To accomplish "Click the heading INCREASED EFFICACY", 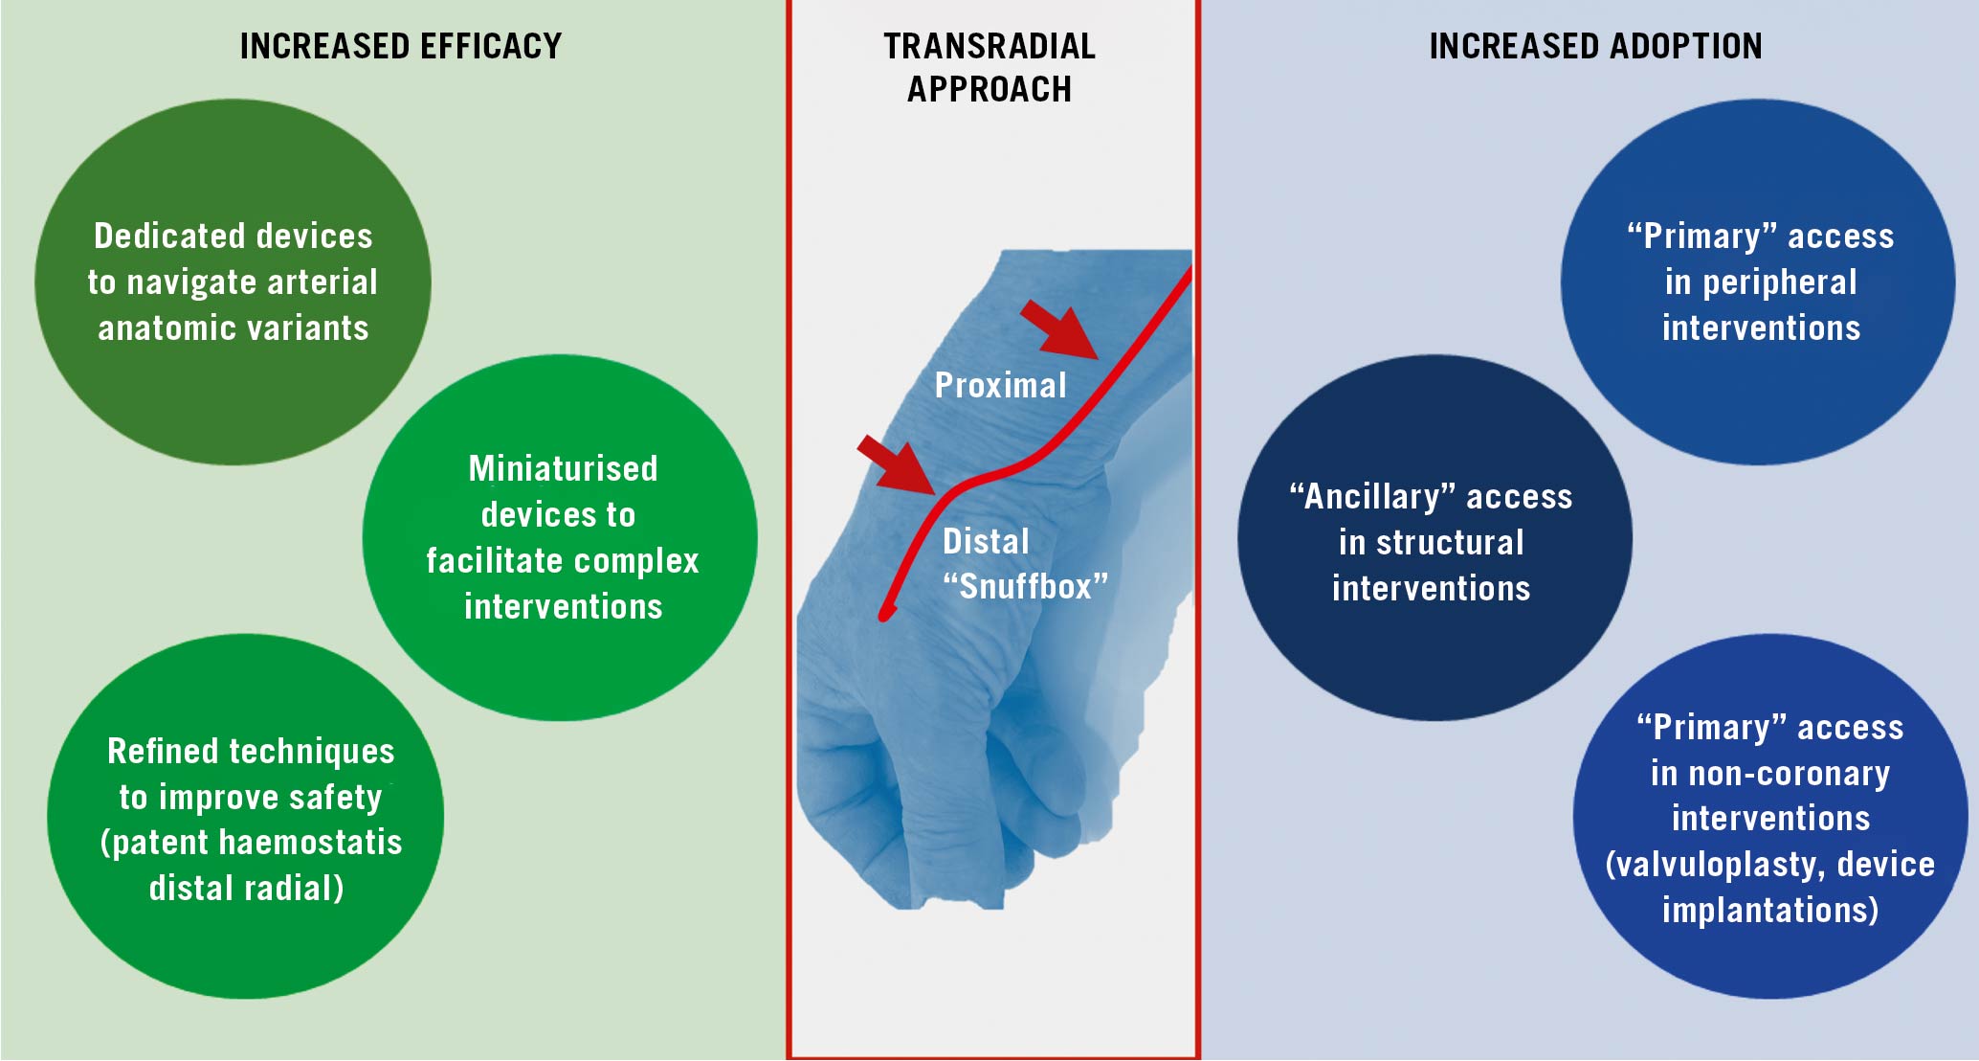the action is click(x=400, y=46).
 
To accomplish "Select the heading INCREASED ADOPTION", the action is click(x=1595, y=46).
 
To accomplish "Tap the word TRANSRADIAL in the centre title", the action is click(x=989, y=46).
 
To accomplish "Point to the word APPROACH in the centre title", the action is click(x=989, y=89).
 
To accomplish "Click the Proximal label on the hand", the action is click(x=1000, y=385).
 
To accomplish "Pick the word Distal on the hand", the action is click(x=986, y=541).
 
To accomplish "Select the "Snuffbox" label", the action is click(x=1025, y=585).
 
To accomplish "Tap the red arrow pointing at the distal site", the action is click(x=897, y=464).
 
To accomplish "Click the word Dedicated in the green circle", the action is click(x=153, y=236).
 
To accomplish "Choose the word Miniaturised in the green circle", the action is click(x=563, y=468).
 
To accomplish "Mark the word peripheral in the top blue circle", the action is click(x=1779, y=282).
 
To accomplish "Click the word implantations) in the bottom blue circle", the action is click(x=1770, y=909).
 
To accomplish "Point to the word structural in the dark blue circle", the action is click(x=1450, y=542).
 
